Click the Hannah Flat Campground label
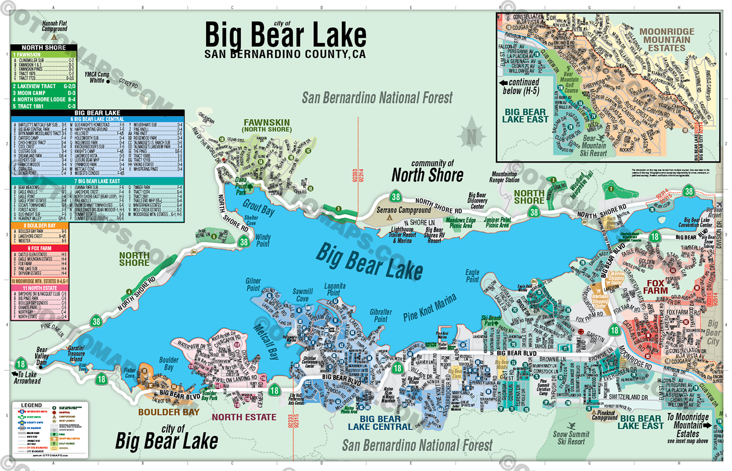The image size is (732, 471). pos(54,26)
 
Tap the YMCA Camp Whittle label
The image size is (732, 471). pos(97,77)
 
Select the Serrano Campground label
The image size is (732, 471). pos(404,210)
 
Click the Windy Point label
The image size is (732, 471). pos(263,240)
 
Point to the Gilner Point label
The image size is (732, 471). pos(253,284)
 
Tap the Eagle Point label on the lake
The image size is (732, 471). pos(472,275)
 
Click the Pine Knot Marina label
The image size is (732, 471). pos(430,307)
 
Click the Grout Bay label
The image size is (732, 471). pos(258,208)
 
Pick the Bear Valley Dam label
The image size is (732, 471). pos(42,356)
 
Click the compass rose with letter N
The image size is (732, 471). pos(472,136)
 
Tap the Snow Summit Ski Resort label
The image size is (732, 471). pos(571,438)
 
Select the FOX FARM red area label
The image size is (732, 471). pos(655,286)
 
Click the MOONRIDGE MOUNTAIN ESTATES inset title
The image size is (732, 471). pos(667,40)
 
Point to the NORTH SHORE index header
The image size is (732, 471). pos(44,48)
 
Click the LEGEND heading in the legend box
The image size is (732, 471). pos(31,405)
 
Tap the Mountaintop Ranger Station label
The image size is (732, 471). pos(504,177)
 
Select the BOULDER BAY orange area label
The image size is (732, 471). pos(169,412)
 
